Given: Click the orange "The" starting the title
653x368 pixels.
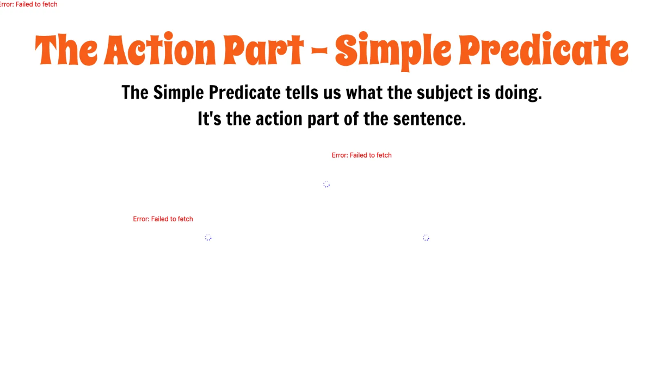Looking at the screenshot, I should (x=66, y=50).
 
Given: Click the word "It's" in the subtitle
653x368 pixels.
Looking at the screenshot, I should (x=210, y=119).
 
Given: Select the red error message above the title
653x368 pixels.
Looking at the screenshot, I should (x=28, y=4).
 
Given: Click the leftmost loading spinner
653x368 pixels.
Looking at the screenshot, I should (x=208, y=238).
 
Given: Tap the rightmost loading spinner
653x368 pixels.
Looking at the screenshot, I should (x=426, y=238).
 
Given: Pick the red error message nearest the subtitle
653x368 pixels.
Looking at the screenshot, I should (x=361, y=155).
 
